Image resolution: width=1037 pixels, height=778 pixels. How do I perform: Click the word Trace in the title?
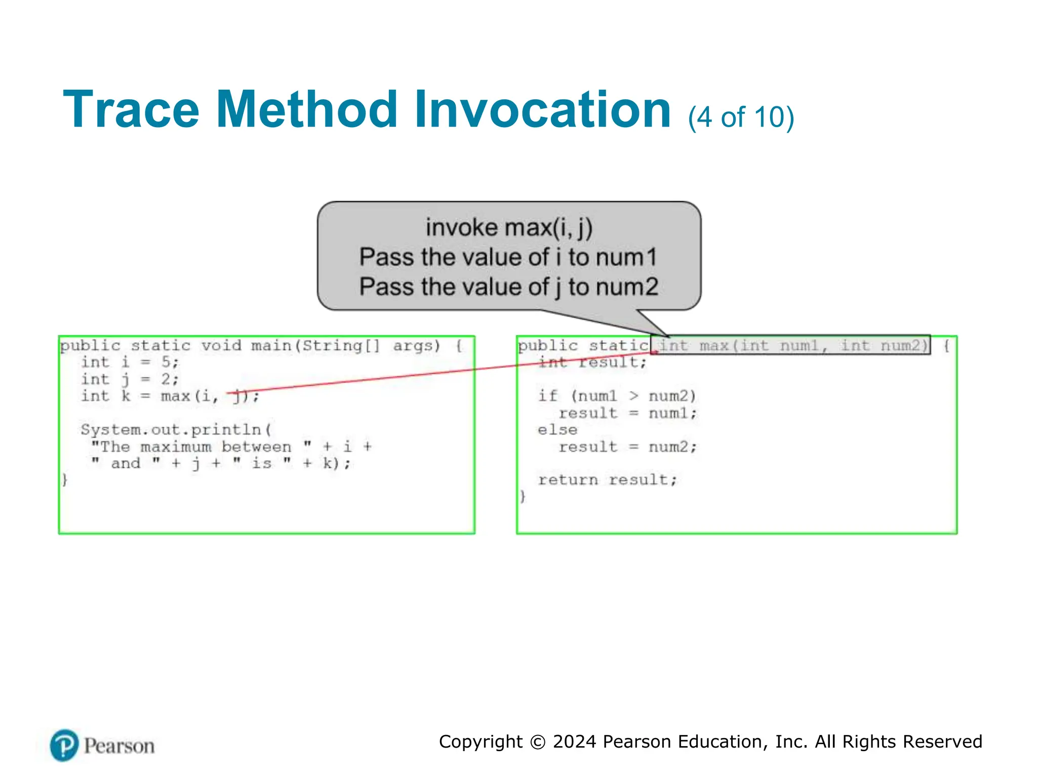coord(131,110)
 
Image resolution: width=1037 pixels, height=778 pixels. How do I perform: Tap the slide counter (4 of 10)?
coord(741,117)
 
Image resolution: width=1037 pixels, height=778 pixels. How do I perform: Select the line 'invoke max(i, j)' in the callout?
coord(509,227)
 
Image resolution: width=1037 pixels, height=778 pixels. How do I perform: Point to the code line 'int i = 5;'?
coord(130,362)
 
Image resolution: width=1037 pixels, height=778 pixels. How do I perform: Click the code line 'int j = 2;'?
coord(130,379)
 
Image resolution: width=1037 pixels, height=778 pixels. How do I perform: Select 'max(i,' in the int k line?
coord(190,396)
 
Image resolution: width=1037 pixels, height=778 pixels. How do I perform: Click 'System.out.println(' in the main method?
coord(176,430)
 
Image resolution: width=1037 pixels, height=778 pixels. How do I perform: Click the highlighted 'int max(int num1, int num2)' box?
coord(791,345)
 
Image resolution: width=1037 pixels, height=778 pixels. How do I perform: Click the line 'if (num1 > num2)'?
coord(617,396)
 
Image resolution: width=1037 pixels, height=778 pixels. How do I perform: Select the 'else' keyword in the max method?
coord(557,430)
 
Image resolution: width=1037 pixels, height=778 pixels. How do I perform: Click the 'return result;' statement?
coord(607,480)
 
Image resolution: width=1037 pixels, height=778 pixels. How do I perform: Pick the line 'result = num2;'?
coord(627,447)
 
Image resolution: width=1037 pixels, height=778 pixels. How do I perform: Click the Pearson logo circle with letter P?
coord(64,745)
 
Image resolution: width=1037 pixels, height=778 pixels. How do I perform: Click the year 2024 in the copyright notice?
coord(574,742)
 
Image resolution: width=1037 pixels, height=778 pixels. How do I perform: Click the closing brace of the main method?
coord(65,479)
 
